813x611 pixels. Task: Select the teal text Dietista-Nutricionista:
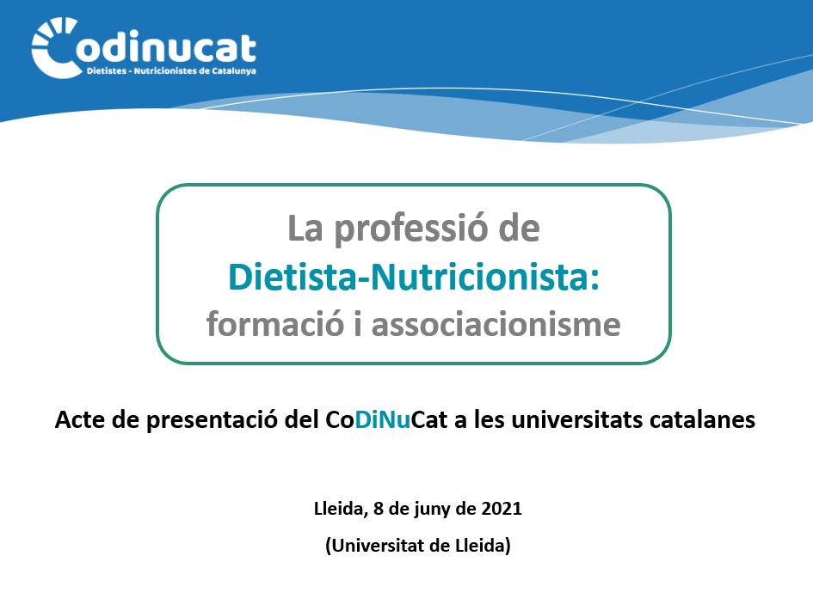(x=414, y=278)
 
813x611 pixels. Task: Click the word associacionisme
(x=496, y=325)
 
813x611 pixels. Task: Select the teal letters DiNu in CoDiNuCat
(x=383, y=419)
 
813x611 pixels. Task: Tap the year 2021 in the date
(x=502, y=509)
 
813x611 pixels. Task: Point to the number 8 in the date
(x=379, y=509)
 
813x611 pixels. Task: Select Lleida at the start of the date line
(x=341, y=509)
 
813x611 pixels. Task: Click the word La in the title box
(x=305, y=229)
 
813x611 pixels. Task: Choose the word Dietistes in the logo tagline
(x=107, y=71)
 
